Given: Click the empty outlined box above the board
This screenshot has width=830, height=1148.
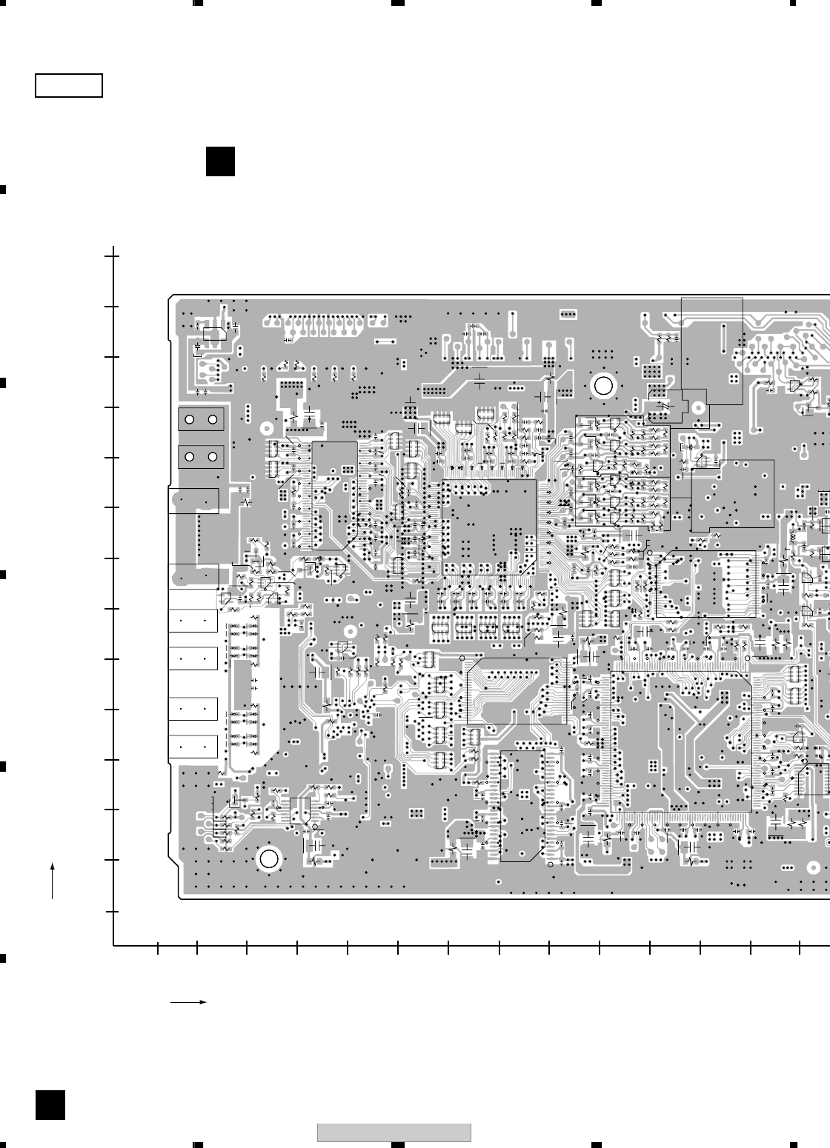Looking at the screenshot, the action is pos(68,86).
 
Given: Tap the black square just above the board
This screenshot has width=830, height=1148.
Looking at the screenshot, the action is pos(220,161).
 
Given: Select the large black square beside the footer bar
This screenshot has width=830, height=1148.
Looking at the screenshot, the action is pos(50,1105).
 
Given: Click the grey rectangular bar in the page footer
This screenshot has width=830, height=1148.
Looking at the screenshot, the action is pos(394,1133).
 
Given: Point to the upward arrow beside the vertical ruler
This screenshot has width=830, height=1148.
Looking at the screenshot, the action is pos(53,880).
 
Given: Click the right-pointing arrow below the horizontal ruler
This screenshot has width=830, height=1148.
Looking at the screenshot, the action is pos(188,1002).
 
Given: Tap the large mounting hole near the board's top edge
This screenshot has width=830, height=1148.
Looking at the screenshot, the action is pos(603,386).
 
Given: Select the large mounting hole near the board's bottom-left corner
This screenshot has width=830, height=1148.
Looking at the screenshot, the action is pos(268,859).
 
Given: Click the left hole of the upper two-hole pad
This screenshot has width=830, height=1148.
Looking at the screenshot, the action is pos(190,420).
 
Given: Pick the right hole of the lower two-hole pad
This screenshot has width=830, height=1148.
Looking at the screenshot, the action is pos(213,456).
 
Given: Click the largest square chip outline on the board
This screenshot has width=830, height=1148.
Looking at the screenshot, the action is pos(489,527).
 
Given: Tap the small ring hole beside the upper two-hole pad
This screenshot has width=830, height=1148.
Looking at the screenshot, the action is pos(266,427).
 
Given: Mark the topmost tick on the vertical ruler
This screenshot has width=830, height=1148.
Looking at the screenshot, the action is pos(113,256).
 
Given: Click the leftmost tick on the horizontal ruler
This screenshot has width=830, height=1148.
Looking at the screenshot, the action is pos(158,945).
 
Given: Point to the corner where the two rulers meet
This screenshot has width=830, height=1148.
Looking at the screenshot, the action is pos(113,945).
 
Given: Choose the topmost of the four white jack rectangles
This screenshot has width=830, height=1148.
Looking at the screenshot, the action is pos(193,621).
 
